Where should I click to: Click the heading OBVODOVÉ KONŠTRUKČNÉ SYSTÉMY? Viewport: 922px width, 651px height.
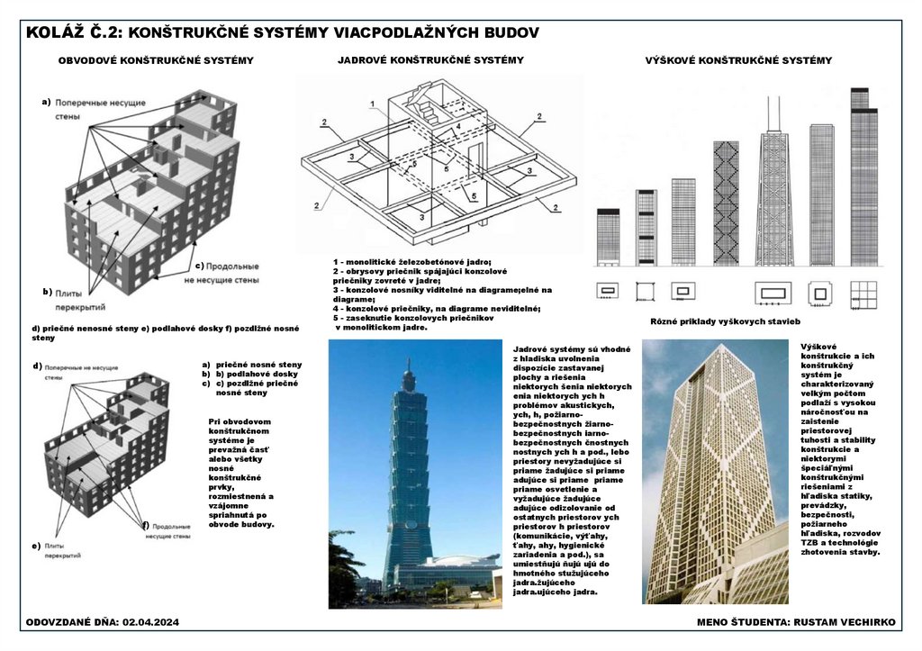[x=156, y=61]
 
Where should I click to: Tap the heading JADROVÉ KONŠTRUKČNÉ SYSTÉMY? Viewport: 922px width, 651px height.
[x=430, y=60]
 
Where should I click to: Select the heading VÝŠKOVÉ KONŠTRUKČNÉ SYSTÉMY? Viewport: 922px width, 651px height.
[x=738, y=60]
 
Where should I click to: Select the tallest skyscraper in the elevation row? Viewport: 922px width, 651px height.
[x=863, y=176]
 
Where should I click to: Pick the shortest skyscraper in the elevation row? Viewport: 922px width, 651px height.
[x=609, y=237]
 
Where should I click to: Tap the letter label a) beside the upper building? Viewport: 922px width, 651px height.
[x=46, y=103]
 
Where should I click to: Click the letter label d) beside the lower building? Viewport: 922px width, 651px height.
[x=37, y=366]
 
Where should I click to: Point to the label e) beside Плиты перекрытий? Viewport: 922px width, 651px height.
[x=37, y=546]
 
